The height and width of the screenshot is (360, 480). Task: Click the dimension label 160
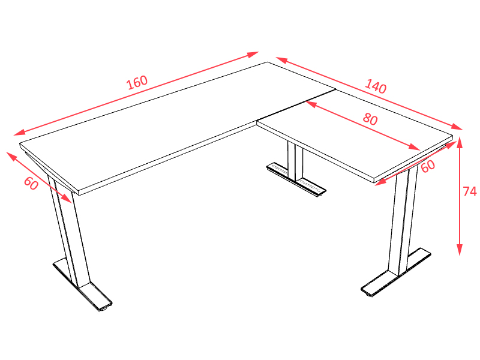click(x=137, y=82)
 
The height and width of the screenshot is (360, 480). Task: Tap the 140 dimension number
click(x=376, y=86)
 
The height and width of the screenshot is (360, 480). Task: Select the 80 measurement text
click(x=370, y=119)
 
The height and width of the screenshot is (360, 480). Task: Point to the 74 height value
click(x=470, y=191)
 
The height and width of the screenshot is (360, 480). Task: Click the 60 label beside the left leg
click(x=31, y=184)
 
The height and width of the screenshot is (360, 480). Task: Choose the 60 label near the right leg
click(x=428, y=166)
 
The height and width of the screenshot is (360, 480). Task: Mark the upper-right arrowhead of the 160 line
click(x=253, y=55)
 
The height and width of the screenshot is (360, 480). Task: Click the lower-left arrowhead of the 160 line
click(x=19, y=132)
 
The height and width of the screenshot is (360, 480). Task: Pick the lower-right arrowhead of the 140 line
click(x=457, y=127)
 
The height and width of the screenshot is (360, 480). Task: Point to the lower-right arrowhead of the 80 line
click(x=415, y=147)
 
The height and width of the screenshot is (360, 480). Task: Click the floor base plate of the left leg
click(x=83, y=284)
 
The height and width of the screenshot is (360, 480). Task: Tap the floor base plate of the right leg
click(x=396, y=272)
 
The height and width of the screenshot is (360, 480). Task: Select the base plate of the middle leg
click(x=296, y=180)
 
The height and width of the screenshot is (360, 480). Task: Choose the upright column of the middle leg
click(x=295, y=161)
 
